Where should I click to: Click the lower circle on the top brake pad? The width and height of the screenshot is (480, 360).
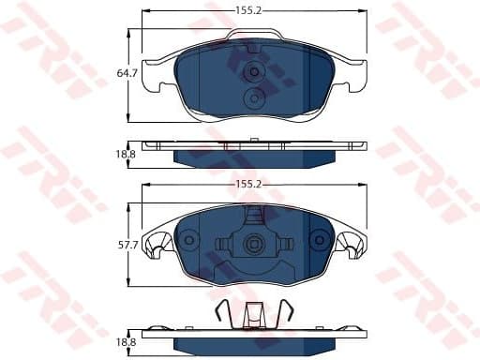coord(253,98)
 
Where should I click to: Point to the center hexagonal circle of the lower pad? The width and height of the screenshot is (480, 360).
coord(253,245)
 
